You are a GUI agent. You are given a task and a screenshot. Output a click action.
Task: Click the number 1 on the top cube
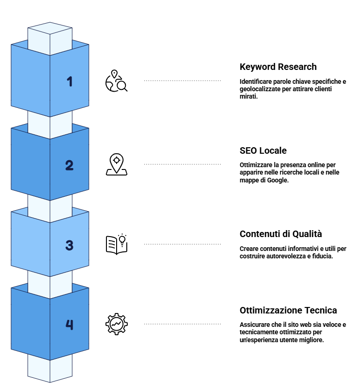tap(70, 81)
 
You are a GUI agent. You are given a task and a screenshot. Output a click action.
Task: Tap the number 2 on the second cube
tap(69, 165)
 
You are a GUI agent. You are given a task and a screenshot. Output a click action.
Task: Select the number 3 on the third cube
tap(69, 245)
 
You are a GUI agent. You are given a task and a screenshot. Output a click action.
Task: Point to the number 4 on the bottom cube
tap(69, 325)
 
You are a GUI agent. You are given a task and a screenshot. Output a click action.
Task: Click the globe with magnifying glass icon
tap(116, 81)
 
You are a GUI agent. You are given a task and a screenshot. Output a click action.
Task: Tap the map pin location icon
tap(117, 164)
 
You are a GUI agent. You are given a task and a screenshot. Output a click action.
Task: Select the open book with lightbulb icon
tap(117, 244)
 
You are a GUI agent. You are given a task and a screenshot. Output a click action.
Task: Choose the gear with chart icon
tap(117, 324)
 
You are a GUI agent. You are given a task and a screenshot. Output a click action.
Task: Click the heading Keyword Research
tap(278, 67)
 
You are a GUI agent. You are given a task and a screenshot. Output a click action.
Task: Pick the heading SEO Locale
tap(263, 150)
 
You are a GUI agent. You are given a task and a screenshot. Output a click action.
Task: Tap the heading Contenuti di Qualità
tap(280, 234)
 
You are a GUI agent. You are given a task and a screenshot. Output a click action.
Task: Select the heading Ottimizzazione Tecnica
tap(288, 310)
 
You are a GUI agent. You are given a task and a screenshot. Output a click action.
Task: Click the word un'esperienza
tap(259, 340)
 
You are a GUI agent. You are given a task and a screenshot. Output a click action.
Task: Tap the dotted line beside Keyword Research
tap(182, 81)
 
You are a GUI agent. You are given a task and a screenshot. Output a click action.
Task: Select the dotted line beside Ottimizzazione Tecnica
tap(182, 324)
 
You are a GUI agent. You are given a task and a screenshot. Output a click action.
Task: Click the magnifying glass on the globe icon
tap(122, 86)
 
